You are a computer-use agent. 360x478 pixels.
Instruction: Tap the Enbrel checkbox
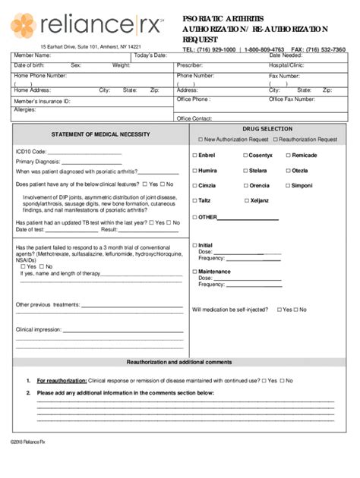tap(194, 156)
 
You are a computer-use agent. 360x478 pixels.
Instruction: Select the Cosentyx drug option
tap(243, 156)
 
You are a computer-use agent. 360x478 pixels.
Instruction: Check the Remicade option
tap(287, 156)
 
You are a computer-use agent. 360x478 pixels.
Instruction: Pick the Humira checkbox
tap(194, 171)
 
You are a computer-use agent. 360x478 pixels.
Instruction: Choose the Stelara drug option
tap(243, 171)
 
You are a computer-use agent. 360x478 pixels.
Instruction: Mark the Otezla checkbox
tap(287, 171)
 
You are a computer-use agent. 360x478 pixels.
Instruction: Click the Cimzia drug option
tap(194, 186)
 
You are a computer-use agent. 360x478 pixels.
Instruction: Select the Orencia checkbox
tap(243, 186)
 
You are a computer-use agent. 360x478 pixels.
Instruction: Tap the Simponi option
tap(287, 186)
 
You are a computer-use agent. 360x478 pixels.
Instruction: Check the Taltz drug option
tap(194, 201)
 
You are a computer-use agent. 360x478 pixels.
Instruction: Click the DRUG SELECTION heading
tap(267, 129)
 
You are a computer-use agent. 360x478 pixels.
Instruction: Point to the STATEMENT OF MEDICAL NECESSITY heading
tap(100, 134)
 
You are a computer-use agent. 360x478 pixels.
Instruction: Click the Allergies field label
tap(25, 109)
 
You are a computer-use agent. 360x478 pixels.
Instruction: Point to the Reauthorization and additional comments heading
tap(179, 362)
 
